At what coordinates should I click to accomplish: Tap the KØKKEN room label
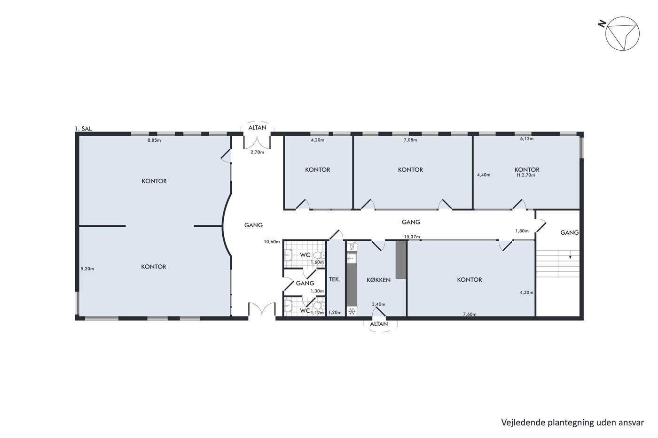coord(378,280)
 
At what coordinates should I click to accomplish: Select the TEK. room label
coord(335,279)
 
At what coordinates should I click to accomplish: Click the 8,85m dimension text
coord(154,140)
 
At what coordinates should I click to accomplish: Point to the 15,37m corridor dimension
coord(412,237)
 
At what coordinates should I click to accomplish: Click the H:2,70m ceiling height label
coord(526,175)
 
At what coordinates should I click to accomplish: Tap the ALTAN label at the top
coord(258,128)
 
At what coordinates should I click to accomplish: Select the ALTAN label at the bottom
coord(379,324)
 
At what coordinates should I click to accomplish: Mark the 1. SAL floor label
coord(83,129)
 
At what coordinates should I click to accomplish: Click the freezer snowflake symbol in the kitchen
coord(352,311)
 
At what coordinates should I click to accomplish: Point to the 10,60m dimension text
coord(272,242)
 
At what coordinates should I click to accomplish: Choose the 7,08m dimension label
coord(410,140)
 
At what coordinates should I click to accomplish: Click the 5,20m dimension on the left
coord(87,269)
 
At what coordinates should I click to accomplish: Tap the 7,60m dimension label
coord(470,314)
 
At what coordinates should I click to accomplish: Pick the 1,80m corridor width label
coord(522,231)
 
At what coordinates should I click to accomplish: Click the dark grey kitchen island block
coord(400,260)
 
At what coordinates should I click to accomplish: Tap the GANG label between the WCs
coord(305,284)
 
